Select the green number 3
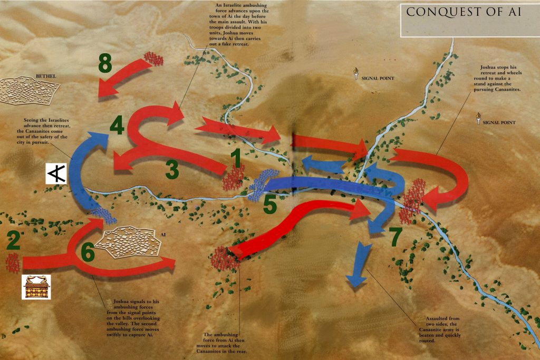(x=172, y=170)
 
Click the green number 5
(x=270, y=205)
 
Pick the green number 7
(x=396, y=237)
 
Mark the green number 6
(x=88, y=254)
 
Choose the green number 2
(x=13, y=240)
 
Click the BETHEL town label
(x=46, y=76)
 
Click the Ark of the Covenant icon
(x=32, y=287)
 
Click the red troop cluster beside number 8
(x=155, y=58)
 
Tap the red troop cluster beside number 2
(x=13, y=262)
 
